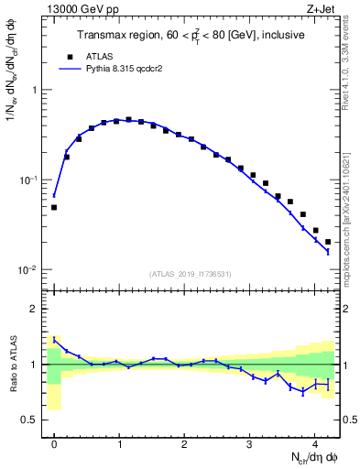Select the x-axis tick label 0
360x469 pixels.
click(x=54, y=440)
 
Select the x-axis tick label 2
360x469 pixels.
click(x=184, y=440)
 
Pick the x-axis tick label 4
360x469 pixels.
click(x=314, y=440)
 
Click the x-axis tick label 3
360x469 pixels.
click(x=249, y=440)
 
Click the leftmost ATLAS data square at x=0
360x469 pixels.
click(x=54, y=208)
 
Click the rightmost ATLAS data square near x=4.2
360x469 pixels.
click(x=328, y=242)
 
